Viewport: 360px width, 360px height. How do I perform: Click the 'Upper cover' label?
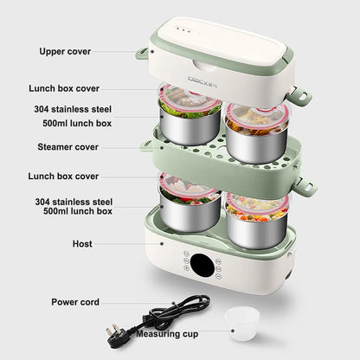[64, 51]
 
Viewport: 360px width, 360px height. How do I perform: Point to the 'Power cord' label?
[74, 302]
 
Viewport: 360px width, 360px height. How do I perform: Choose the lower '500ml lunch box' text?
[79, 211]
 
